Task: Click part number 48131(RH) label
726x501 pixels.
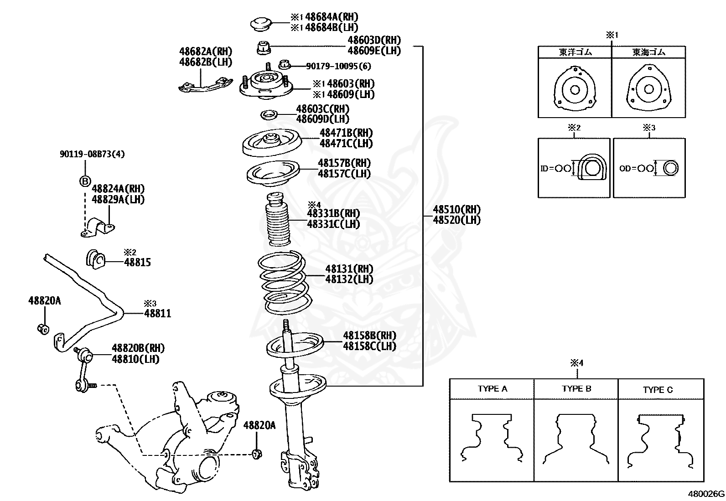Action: (x=349, y=269)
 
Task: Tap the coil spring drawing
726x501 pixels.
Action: (x=285, y=283)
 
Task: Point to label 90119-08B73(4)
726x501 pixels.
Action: (x=92, y=154)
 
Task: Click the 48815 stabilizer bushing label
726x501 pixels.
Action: (x=137, y=263)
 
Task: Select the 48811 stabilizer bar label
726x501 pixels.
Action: (x=158, y=314)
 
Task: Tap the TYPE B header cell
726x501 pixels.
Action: (x=576, y=389)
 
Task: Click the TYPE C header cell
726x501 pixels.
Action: (x=658, y=390)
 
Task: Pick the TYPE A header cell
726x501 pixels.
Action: (x=492, y=389)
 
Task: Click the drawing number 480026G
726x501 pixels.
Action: (x=706, y=494)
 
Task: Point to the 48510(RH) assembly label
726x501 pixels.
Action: (x=456, y=210)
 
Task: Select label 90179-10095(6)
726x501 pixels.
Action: (x=338, y=67)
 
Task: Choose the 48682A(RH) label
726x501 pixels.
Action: (x=206, y=52)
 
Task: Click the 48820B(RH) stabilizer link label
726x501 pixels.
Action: (x=138, y=348)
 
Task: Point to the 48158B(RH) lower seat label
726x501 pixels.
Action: (x=369, y=336)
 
